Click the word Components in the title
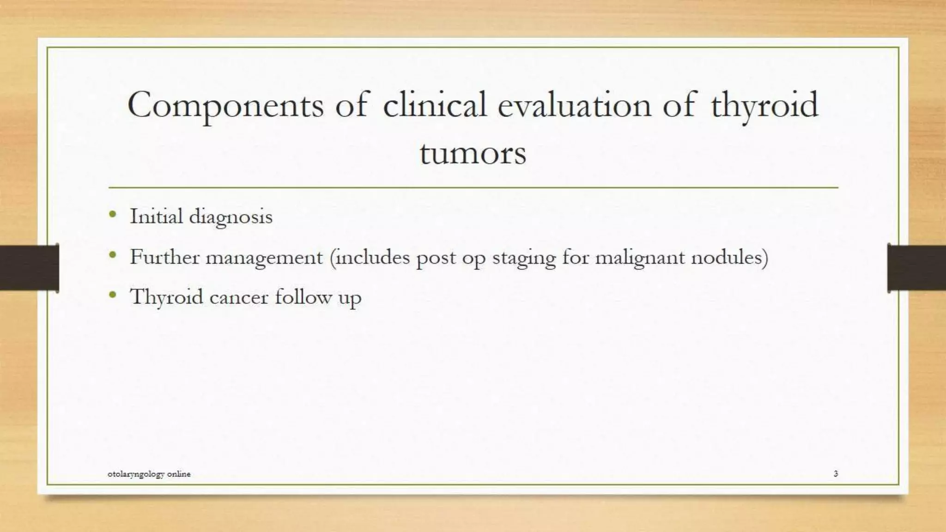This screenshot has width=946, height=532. point(225,105)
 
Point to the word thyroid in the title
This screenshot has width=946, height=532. point(764,105)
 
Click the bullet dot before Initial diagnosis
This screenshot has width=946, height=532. point(113,214)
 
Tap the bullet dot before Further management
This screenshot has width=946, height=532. point(113,254)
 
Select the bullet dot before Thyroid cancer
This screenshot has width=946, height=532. point(113,295)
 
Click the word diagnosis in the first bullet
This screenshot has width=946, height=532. point(230,217)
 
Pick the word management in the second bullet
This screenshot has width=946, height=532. point(264,258)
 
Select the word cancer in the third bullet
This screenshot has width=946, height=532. point(238,297)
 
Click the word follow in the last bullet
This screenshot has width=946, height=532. point(303,296)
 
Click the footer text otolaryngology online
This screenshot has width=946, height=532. point(149,474)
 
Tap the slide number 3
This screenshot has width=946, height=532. point(836,473)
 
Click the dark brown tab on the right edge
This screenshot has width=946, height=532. point(916,268)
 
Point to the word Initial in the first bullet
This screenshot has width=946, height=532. point(156,216)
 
